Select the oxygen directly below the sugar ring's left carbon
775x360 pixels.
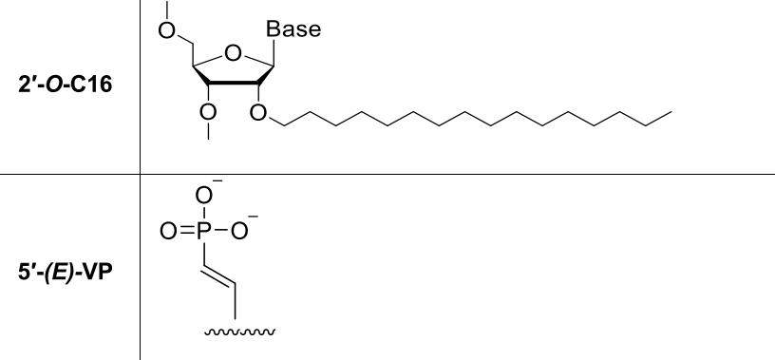pyautogui.click(x=208, y=114)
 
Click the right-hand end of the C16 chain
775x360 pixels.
pyautogui.click(x=672, y=112)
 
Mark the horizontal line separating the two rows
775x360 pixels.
pyautogui.click(x=456, y=174)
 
